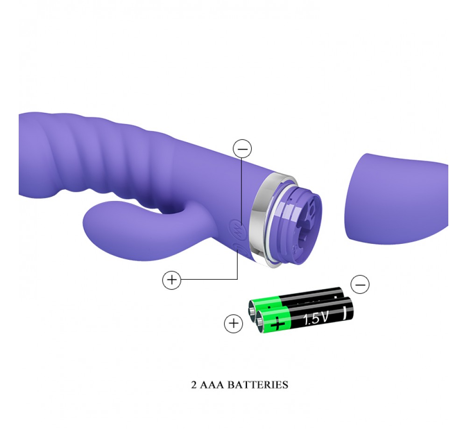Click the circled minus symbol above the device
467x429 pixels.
(242, 148)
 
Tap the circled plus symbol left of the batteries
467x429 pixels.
(233, 323)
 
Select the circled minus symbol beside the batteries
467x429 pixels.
(360, 284)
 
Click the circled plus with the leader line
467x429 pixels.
(171, 280)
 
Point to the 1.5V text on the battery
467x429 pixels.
(315, 318)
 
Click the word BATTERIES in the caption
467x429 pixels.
(258, 385)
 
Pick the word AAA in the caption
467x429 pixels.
(212, 385)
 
